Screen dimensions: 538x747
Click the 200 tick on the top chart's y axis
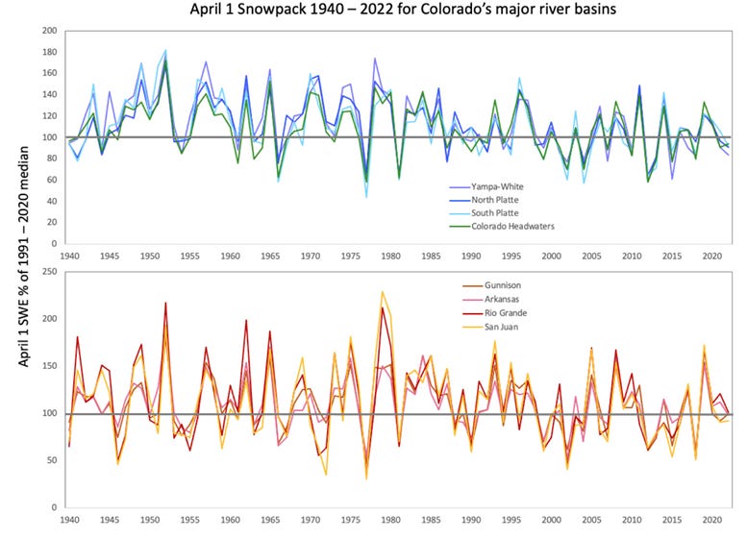point(46,31)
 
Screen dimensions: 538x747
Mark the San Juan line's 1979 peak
point(383,291)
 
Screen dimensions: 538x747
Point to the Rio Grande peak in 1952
point(165,304)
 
